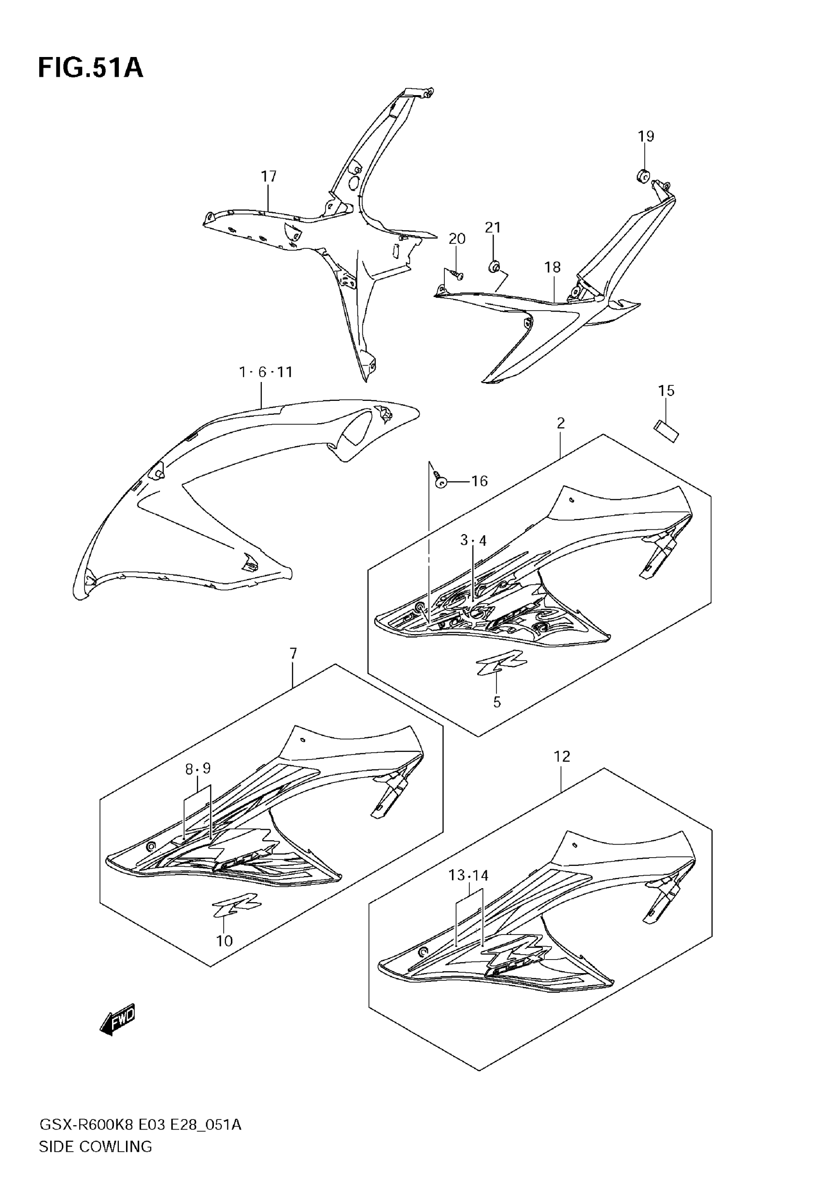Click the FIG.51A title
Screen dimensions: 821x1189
click(90, 69)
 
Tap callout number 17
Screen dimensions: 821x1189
click(269, 176)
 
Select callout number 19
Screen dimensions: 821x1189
click(646, 136)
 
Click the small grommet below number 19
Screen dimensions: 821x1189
click(642, 176)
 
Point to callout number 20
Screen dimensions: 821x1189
click(457, 239)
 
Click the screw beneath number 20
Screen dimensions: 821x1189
click(456, 275)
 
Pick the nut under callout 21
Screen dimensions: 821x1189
click(493, 267)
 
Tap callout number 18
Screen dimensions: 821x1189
click(552, 267)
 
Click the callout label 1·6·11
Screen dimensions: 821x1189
click(266, 372)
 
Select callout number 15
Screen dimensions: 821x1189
click(666, 391)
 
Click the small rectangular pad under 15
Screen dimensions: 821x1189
click(666, 431)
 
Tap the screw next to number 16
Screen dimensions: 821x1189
click(440, 481)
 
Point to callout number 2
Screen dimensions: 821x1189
click(561, 423)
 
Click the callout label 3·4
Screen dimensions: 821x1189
click(473, 540)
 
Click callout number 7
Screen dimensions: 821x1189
click(293, 653)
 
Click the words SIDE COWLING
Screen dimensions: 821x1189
click(96, 1147)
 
